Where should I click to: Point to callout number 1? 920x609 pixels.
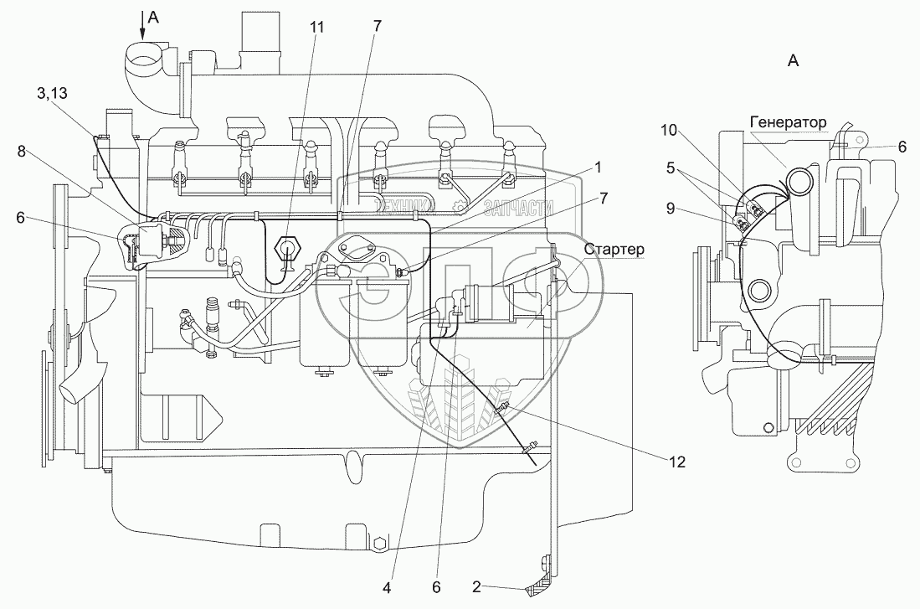(598, 167)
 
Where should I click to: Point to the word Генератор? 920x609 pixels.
(788, 122)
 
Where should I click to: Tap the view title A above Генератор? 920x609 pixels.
(794, 59)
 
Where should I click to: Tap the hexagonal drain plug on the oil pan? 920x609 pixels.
(379, 544)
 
